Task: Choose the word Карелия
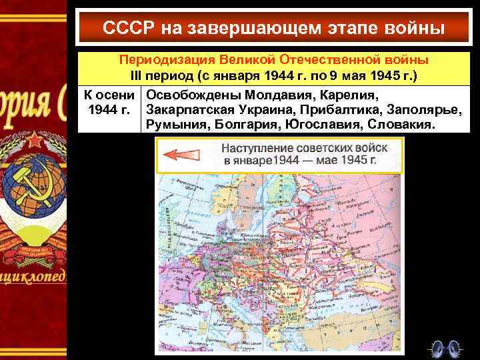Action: click(341, 95)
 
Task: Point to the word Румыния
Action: click(177, 125)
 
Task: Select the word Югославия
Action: click(325, 125)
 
